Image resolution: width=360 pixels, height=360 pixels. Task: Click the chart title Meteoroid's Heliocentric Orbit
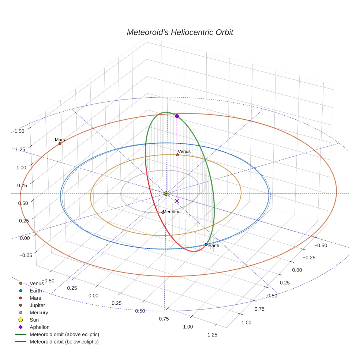pyautogui.click(x=180, y=32)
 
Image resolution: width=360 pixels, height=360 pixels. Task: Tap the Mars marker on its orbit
pyautogui.click(x=60, y=144)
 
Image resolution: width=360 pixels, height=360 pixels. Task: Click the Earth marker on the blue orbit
pyautogui.click(x=206, y=244)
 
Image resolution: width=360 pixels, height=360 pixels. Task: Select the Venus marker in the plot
pyautogui.click(x=177, y=155)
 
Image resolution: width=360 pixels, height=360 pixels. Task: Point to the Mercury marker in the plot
pyautogui.click(x=163, y=212)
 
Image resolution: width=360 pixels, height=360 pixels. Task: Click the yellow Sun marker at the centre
pyautogui.click(x=166, y=193)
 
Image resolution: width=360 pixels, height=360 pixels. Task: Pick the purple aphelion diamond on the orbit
pyautogui.click(x=177, y=116)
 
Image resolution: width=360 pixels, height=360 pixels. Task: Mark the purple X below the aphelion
pyautogui.click(x=177, y=201)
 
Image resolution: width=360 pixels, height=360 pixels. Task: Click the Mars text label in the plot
pyautogui.click(x=60, y=140)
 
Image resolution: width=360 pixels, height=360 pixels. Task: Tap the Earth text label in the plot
pyautogui.click(x=214, y=245)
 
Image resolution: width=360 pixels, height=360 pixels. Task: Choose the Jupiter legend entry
pyautogui.click(x=37, y=305)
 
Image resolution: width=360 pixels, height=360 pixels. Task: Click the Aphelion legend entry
pyautogui.click(x=40, y=327)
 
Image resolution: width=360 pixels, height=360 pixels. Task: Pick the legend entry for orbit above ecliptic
pyautogui.click(x=64, y=334)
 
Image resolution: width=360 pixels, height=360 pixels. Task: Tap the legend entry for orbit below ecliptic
pyautogui.click(x=64, y=342)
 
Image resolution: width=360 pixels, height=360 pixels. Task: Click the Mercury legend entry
pyautogui.click(x=39, y=312)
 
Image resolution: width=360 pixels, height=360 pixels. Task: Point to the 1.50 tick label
pyautogui.click(x=19, y=131)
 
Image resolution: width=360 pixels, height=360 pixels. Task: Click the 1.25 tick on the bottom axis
pyautogui.click(x=212, y=334)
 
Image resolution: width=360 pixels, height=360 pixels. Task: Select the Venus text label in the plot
pyautogui.click(x=184, y=151)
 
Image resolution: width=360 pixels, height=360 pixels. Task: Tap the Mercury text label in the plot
pyautogui.click(x=171, y=212)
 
